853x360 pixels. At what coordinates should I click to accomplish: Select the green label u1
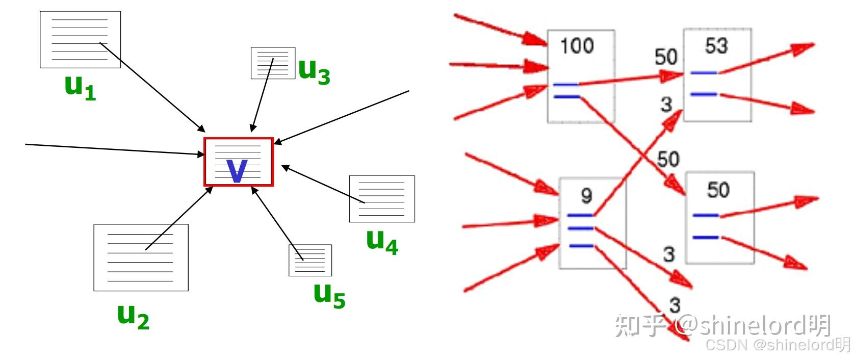pos(80,87)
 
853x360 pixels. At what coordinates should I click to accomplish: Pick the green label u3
pos(314,71)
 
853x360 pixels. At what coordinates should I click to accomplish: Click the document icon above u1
pos(80,40)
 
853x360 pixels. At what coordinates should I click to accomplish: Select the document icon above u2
pos(141,258)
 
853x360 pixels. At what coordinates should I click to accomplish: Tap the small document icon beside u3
pos(273,63)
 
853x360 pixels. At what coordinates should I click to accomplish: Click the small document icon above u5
pos(310,260)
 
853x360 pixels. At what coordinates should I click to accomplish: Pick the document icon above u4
pos(381,199)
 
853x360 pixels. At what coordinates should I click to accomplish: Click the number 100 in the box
pos(577,46)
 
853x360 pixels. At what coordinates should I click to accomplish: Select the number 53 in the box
pos(716,46)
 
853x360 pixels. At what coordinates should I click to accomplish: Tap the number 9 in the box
pos(586,195)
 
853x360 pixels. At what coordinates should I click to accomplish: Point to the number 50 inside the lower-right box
pos(718,190)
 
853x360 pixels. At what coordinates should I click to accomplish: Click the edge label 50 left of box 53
pos(666,57)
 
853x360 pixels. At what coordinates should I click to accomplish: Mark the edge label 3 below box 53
pos(666,105)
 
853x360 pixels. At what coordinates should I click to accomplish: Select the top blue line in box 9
pos(580,216)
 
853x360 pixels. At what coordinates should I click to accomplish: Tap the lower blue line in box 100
pos(566,96)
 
